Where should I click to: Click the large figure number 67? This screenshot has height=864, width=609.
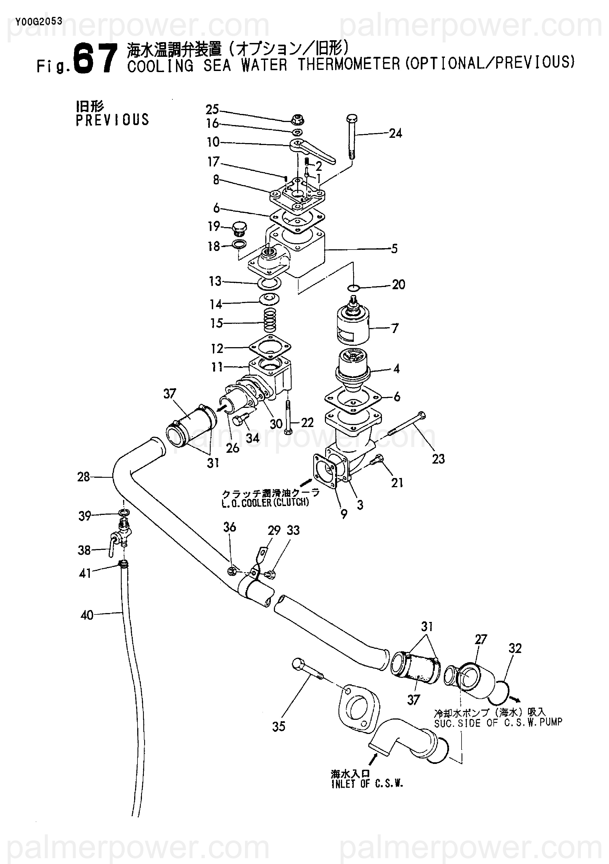pyautogui.click(x=96, y=59)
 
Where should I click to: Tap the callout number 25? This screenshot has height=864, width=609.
pyautogui.click(x=212, y=109)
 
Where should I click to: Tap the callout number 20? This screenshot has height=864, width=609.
pyautogui.click(x=398, y=284)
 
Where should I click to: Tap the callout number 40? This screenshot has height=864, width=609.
pyautogui.click(x=87, y=615)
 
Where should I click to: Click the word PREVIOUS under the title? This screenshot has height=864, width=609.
pyautogui.click(x=113, y=120)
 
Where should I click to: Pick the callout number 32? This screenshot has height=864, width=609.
pyautogui.click(x=515, y=648)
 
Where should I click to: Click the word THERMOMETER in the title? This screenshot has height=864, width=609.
pyautogui.click(x=349, y=64)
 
